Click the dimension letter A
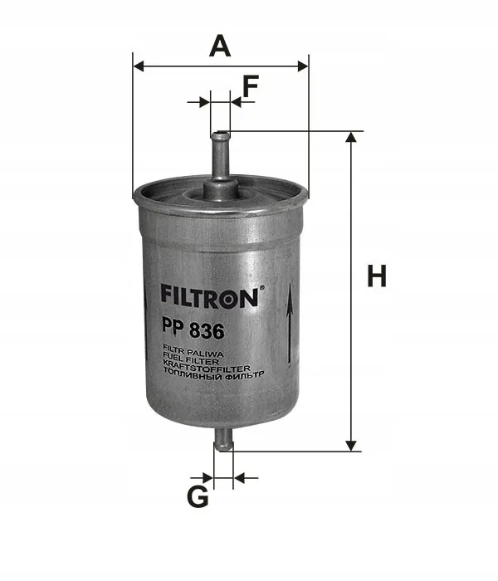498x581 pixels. [x=220, y=46]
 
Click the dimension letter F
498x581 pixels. [x=251, y=85]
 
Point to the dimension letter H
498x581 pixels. [x=377, y=276]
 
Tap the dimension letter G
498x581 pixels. [x=198, y=496]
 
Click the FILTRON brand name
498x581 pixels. [x=209, y=298]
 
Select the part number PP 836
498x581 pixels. [x=193, y=330]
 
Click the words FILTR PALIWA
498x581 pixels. [x=193, y=354]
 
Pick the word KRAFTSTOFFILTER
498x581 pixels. [x=207, y=369]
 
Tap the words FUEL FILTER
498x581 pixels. [x=191, y=362]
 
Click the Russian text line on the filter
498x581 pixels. [x=213, y=376]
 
